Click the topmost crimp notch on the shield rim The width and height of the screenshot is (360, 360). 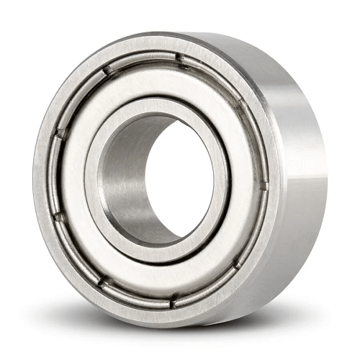[x=179, y=58]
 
